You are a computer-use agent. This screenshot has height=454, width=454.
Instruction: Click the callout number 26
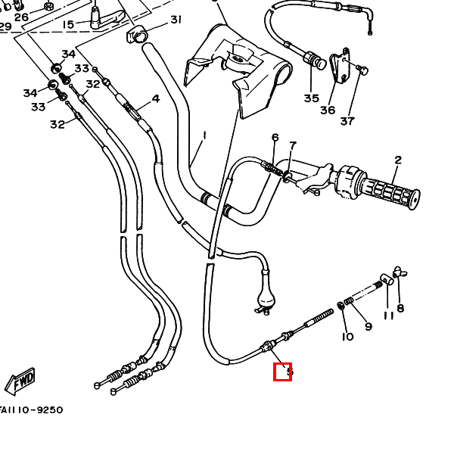tap(21, 17)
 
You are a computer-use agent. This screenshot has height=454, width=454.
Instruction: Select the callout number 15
tap(68, 24)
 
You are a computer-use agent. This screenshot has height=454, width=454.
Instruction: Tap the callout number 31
tap(176, 19)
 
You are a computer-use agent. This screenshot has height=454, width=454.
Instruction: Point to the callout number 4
tap(156, 98)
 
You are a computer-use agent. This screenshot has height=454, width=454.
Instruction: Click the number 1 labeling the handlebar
tap(204, 135)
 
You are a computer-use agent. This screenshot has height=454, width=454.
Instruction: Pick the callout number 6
tap(275, 138)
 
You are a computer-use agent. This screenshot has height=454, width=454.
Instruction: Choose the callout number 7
tap(293, 145)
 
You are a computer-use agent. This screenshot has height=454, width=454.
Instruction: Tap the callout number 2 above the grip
tap(397, 160)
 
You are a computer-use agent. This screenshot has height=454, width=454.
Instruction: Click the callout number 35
tap(312, 98)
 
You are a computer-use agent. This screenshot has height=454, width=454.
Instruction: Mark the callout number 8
tap(400, 308)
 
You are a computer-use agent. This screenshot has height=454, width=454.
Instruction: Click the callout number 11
tap(388, 315)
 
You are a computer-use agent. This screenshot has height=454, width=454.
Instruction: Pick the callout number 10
tap(347, 336)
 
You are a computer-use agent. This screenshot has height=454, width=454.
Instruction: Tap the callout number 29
tap(5, 26)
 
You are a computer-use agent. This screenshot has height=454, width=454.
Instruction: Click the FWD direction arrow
tap(20, 378)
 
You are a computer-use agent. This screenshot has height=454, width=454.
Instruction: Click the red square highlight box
tap(282, 372)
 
